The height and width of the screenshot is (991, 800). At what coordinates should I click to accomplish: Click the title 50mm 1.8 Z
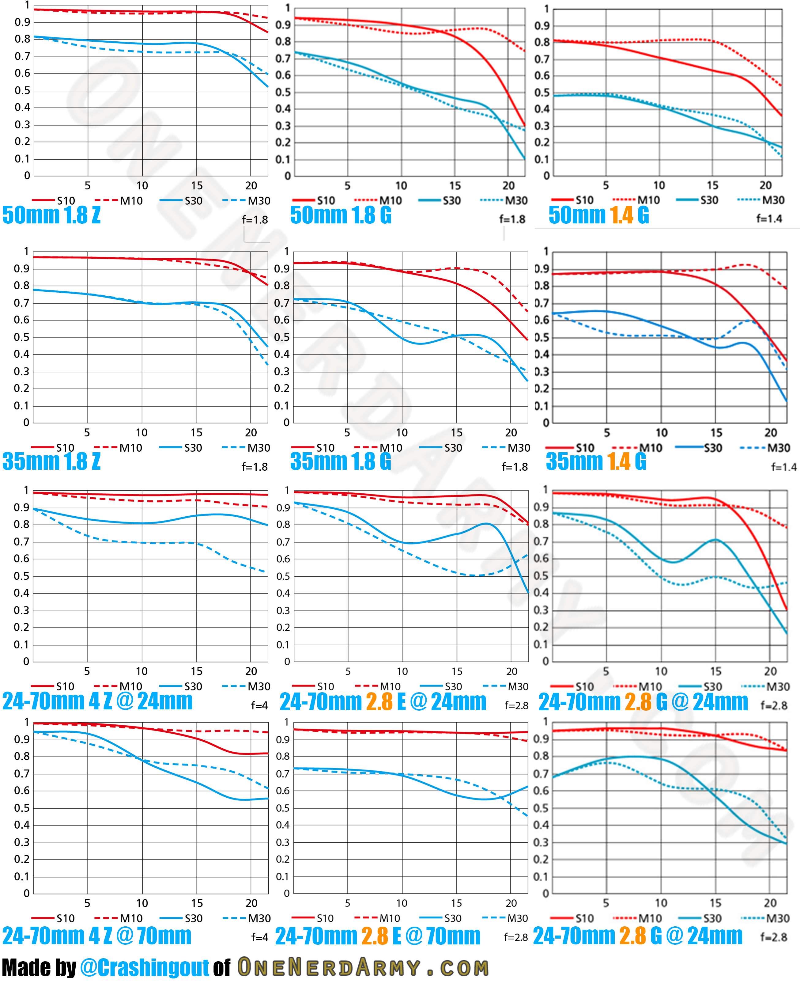pos(52,215)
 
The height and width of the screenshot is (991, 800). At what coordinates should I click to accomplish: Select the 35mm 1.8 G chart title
pos(341,461)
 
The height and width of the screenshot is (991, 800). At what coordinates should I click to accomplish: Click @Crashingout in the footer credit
pos(144,967)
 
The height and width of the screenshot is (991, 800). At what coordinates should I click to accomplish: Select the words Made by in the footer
pos(39,967)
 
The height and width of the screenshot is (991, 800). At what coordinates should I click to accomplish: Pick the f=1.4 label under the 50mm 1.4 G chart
pos(769,218)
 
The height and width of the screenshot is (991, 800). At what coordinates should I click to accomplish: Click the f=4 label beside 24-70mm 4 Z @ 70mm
pos(259,937)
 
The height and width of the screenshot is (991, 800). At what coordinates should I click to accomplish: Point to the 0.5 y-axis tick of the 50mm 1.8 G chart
pos(283,92)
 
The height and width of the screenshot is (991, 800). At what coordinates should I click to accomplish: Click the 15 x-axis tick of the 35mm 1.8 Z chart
pos(196,433)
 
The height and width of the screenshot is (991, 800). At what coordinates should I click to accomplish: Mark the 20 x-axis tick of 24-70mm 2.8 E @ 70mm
pos(511,903)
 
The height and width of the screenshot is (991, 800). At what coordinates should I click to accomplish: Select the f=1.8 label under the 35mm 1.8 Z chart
pos(255,467)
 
